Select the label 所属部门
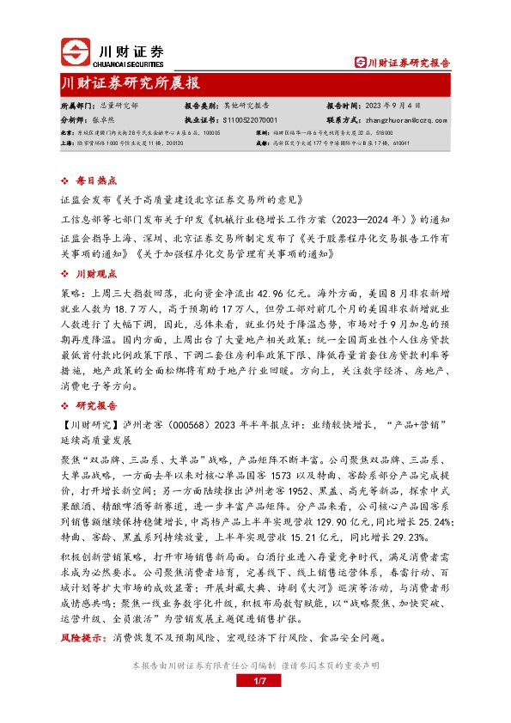pos(75,106)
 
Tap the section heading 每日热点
pos(95,181)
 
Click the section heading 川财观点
pos(95,274)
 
